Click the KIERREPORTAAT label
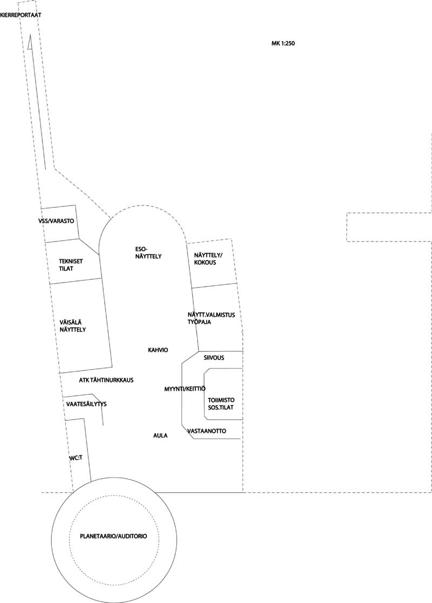pos(21,15)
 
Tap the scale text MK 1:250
pos(283,43)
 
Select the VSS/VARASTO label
pos(56,221)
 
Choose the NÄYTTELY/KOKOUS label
pos(208,259)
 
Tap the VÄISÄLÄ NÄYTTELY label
pos(73,326)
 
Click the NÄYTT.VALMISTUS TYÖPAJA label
pos(211,318)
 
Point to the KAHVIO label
pos(158,350)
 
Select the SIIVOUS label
pos(214,358)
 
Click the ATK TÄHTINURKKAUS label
pos(106,380)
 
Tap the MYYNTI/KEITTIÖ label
pos(185,389)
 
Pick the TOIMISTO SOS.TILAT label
pos(221,404)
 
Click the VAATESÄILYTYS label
pos(86,404)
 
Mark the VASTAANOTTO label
pos(207,431)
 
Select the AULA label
pos(160,435)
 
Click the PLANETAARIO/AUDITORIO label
pos(113,536)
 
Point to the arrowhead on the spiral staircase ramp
pos(30,43)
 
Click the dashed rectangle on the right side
pos(389,213)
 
